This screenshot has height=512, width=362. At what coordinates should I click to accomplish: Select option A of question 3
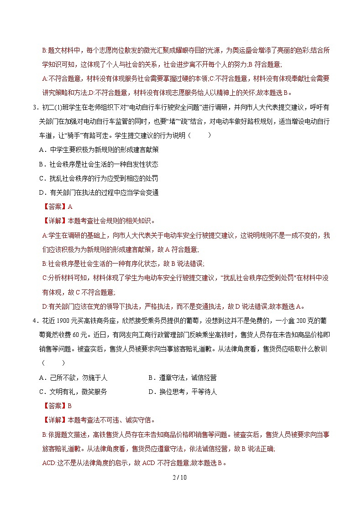click(x=99, y=149)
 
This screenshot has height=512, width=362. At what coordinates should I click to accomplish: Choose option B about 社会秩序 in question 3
click(x=99, y=164)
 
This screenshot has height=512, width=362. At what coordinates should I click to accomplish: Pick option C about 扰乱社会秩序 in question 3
click(x=99, y=178)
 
